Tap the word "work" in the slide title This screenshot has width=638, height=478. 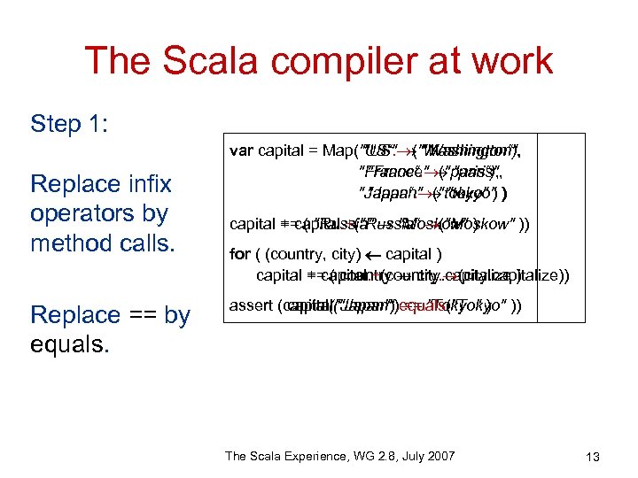509,62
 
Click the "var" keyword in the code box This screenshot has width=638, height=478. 241,150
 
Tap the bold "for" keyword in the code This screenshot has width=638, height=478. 238,255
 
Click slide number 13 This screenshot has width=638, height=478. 593,457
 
